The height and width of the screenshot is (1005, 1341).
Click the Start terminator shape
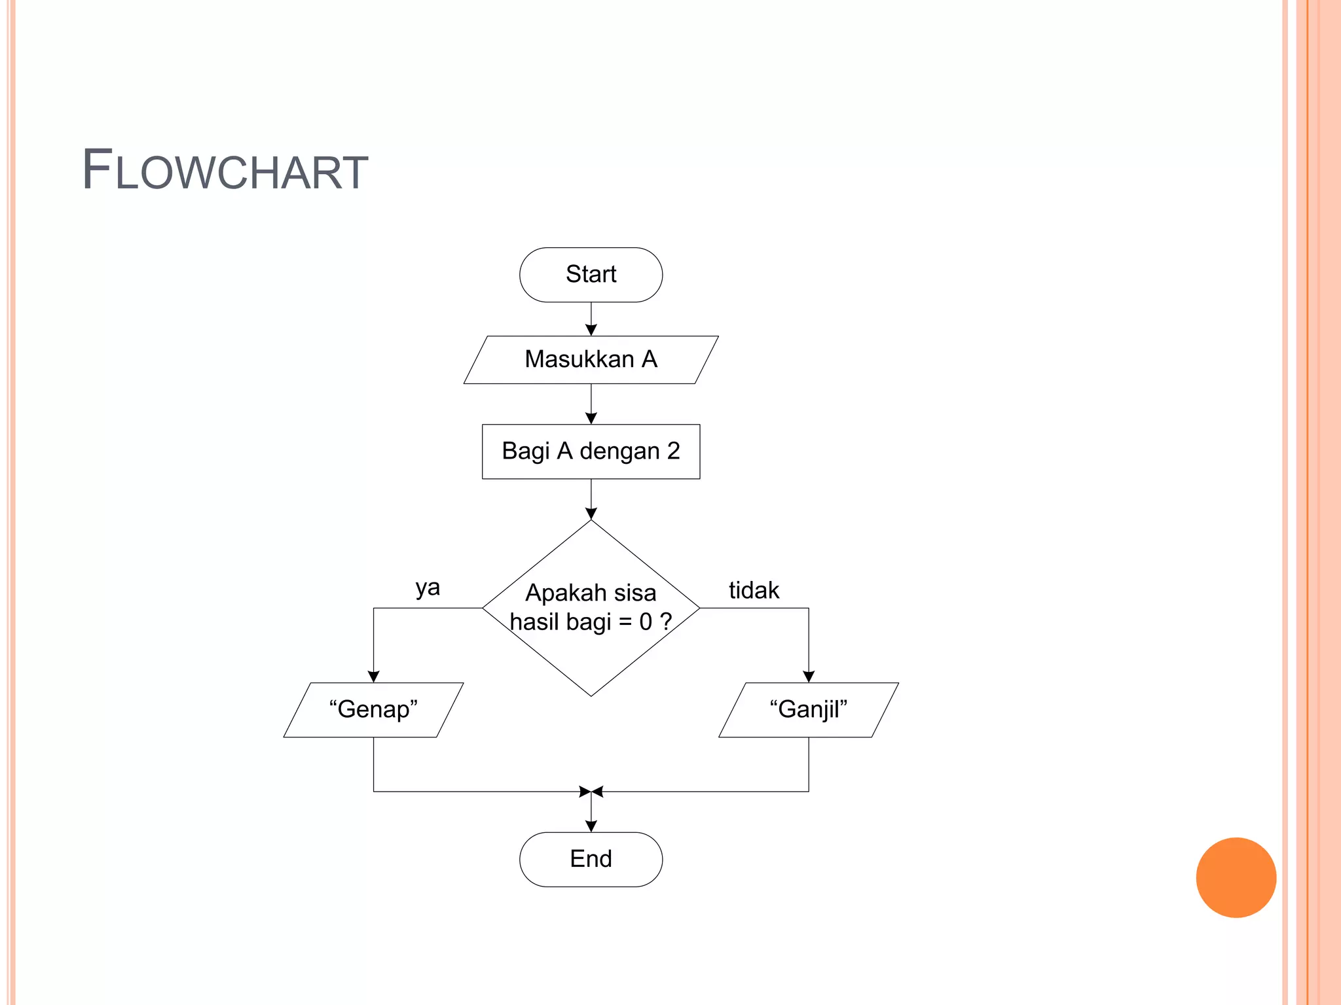pyautogui.click(x=591, y=275)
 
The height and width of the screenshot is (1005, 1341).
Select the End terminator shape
pyautogui.click(x=591, y=859)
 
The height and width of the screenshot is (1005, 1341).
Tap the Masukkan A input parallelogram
pyautogui.click(x=591, y=360)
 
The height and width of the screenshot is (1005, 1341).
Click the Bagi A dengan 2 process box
pyautogui.click(x=591, y=451)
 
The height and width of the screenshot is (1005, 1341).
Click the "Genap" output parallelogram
pyautogui.click(x=373, y=710)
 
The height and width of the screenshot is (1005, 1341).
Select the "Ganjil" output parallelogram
pyautogui.click(x=809, y=710)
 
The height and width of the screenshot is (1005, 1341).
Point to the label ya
pyautogui.click(x=428, y=588)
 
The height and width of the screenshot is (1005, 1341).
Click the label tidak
pyautogui.click(x=754, y=590)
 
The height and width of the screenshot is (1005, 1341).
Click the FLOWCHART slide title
pyautogui.click(x=225, y=170)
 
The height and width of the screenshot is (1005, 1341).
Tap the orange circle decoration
pyautogui.click(x=1236, y=877)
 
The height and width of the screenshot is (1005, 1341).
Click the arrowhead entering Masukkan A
pyautogui.click(x=591, y=330)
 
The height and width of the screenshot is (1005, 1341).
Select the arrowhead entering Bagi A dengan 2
pyautogui.click(x=591, y=419)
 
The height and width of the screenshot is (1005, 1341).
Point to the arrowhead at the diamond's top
pyautogui.click(x=591, y=514)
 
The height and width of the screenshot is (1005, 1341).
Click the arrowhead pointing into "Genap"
pyautogui.click(x=373, y=677)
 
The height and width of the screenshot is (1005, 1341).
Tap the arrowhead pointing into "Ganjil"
pyautogui.click(x=809, y=677)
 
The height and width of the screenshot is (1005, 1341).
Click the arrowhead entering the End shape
pyautogui.click(x=591, y=826)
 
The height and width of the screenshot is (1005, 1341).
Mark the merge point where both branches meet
pyautogui.click(x=591, y=792)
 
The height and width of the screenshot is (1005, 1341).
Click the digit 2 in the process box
pyautogui.click(x=673, y=451)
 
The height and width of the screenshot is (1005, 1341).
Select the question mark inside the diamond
pyautogui.click(x=666, y=621)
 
